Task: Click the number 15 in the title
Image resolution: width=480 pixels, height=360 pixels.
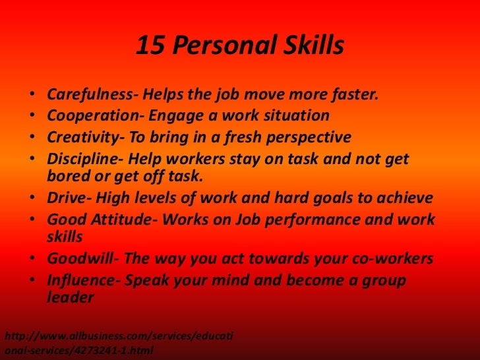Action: coord(150,46)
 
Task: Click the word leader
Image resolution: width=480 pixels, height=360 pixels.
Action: coord(71,297)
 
